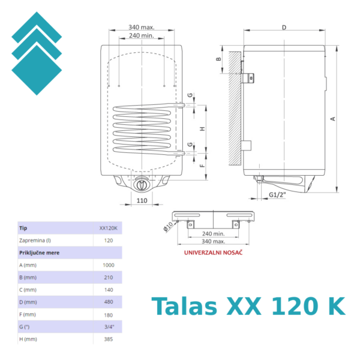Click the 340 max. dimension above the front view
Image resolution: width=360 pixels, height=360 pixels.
click(141, 27)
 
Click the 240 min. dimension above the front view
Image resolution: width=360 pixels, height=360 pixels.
click(141, 36)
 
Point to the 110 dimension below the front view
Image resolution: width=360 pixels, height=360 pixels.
click(142, 200)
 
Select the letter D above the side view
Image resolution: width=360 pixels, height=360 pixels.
click(284, 27)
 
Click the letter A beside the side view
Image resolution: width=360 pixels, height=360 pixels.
click(332, 119)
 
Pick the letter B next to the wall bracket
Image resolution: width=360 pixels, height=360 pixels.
click(219, 59)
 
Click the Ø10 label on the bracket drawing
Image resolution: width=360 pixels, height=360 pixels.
click(167, 226)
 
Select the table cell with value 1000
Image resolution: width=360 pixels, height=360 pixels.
click(109, 265)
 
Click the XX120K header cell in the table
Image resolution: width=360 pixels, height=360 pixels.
click(108, 229)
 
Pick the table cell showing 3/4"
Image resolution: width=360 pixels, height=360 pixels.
click(109, 326)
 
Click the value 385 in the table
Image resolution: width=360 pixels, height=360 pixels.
click(109, 338)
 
